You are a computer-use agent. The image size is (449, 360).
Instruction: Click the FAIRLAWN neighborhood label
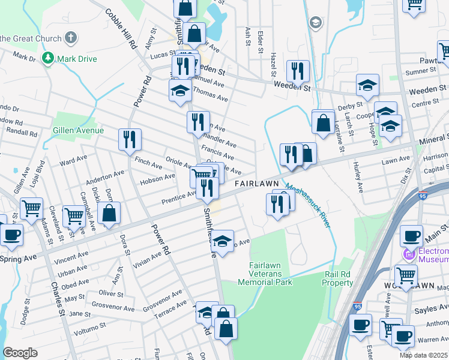[x=256, y=183]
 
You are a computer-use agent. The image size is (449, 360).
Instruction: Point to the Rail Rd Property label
[x=339, y=278]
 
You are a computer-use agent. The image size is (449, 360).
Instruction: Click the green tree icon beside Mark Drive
[x=47, y=58]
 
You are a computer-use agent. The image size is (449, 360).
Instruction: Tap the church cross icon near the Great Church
[x=71, y=38]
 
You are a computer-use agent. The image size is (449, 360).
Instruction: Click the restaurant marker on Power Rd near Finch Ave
[x=130, y=142]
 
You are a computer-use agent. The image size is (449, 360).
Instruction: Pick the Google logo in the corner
[x=20, y=352]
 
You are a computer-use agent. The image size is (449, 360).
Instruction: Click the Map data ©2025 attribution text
[x=423, y=355]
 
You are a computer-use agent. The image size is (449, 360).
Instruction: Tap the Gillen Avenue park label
[x=79, y=130]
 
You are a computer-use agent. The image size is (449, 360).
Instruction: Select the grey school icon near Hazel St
[x=315, y=23]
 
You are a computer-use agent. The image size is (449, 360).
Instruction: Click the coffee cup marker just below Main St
[x=411, y=236]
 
